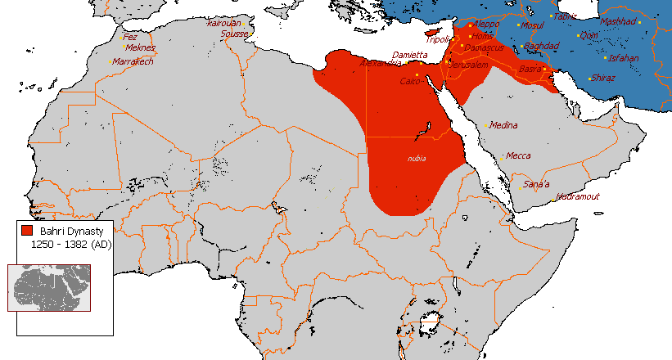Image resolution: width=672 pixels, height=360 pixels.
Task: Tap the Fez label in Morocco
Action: (x=130, y=37)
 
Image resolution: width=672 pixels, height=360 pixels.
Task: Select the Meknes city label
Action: (x=139, y=48)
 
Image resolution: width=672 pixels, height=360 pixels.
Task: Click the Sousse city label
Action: (x=235, y=34)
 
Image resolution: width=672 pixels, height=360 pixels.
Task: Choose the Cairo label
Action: (x=410, y=81)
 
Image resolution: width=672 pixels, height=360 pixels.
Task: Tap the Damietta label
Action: (x=410, y=55)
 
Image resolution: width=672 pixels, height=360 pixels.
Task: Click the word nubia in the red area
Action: (x=417, y=159)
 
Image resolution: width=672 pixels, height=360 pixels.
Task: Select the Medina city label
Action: (x=504, y=125)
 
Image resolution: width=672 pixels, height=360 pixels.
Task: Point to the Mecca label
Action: (x=518, y=155)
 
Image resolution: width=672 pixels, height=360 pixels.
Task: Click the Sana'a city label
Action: (x=536, y=184)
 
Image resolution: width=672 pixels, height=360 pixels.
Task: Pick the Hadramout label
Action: (x=578, y=196)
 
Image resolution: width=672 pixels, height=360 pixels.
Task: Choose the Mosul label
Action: (x=532, y=25)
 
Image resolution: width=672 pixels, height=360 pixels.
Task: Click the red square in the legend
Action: (x=27, y=232)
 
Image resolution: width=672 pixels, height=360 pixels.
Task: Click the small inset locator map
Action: (x=48, y=287)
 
